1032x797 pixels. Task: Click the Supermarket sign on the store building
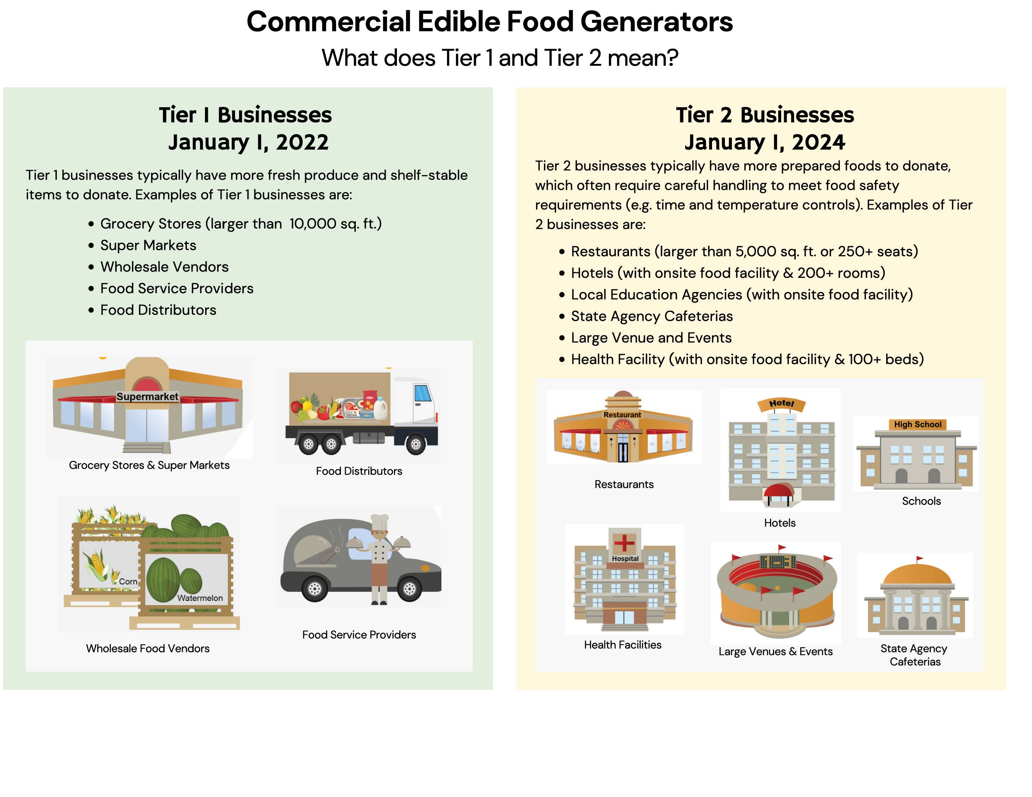click(147, 397)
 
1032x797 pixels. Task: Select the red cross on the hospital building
click(624, 543)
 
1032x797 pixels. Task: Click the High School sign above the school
click(918, 424)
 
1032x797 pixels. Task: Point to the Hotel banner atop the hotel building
click(781, 404)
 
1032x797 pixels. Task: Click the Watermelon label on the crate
click(200, 598)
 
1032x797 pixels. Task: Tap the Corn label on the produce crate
click(127, 581)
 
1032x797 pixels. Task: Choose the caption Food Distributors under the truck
click(359, 471)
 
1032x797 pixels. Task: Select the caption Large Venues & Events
click(776, 652)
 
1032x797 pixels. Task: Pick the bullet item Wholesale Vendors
click(164, 267)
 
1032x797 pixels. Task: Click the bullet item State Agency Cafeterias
click(651, 316)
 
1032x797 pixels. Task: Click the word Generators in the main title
click(656, 22)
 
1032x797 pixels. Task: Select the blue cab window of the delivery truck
click(422, 393)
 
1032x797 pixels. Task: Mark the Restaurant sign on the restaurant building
click(622, 415)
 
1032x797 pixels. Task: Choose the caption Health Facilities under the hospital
click(622, 645)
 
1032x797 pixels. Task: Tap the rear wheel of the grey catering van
click(315, 589)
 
